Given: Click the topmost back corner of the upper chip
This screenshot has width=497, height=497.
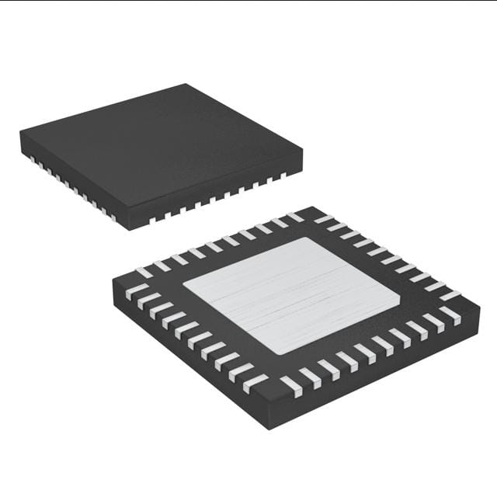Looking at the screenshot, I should tap(186, 84).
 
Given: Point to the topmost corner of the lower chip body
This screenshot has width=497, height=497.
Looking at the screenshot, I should tap(314, 207).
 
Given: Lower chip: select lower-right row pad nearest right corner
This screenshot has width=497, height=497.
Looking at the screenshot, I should tap(451, 315).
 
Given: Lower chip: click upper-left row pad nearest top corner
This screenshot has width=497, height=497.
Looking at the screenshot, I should tap(296, 217).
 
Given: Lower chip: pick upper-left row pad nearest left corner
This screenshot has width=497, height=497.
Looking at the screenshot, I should tap(144, 272).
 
